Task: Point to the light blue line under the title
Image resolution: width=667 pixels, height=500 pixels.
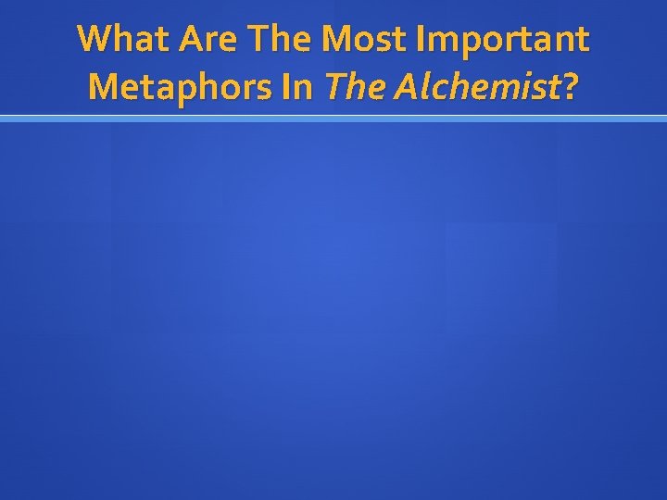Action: coord(333,119)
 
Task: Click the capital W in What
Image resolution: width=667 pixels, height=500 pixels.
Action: coord(94,40)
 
